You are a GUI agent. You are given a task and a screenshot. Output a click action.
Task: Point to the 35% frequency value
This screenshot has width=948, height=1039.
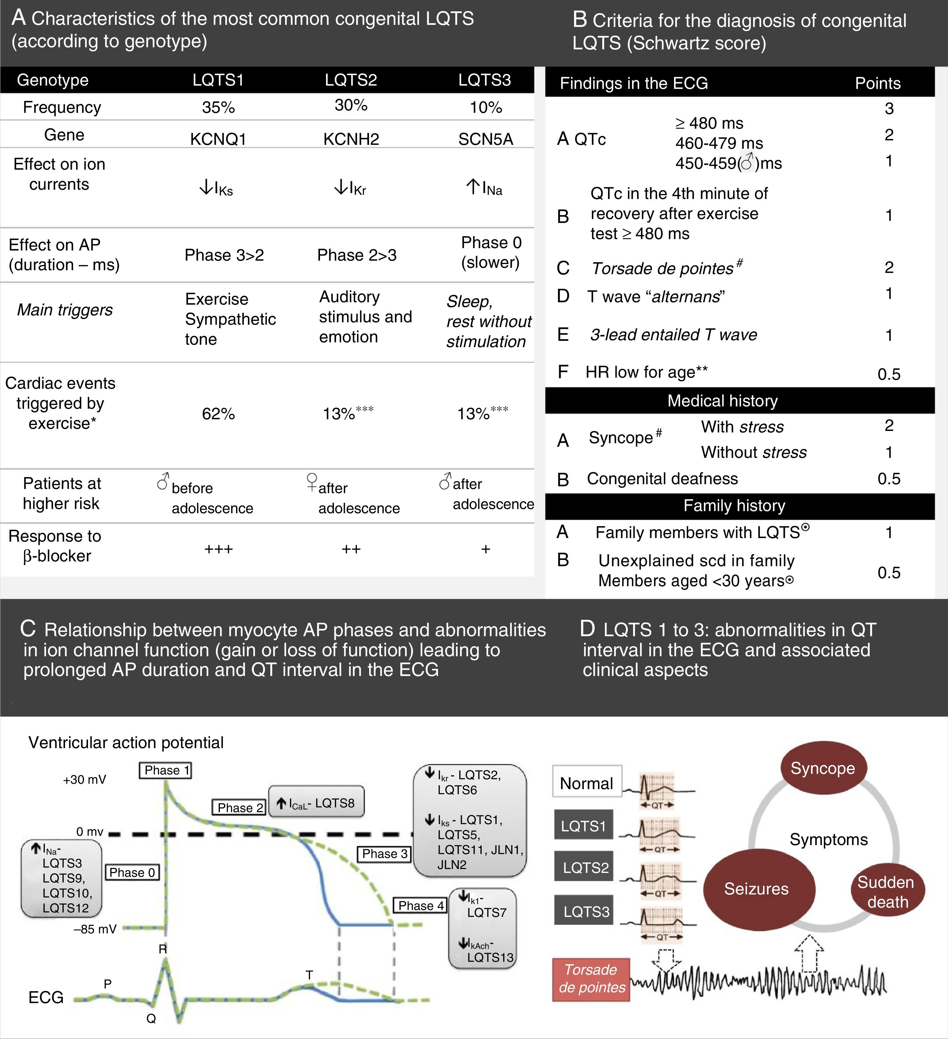point(218,107)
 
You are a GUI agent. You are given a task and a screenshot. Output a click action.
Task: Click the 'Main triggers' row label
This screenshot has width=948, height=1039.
point(65,310)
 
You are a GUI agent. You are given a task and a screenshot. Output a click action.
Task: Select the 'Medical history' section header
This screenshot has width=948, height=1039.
point(722,400)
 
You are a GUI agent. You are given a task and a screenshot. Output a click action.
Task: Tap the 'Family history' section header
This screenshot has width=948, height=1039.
point(734,506)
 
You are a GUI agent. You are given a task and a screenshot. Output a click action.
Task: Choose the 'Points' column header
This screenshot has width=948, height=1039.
point(877,83)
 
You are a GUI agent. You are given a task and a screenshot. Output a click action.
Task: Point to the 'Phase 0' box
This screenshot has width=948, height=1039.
point(132,873)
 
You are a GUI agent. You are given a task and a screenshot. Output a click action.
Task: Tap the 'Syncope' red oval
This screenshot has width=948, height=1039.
point(823,768)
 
